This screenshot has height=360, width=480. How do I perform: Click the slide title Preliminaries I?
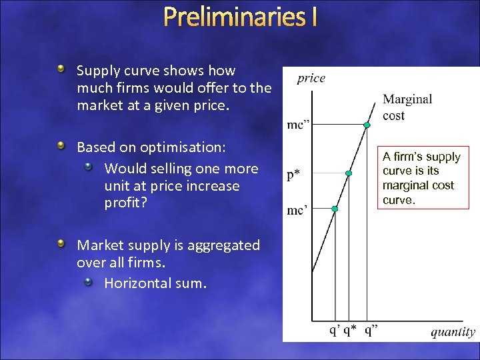click(240, 17)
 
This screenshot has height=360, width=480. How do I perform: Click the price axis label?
click(311, 79)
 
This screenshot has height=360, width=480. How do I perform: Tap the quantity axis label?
click(453, 331)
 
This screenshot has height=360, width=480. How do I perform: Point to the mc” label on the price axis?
click(299, 125)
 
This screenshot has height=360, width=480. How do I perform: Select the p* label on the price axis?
click(294, 175)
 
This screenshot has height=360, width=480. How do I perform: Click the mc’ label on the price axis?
click(297, 210)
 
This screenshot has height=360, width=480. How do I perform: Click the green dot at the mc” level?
click(367, 125)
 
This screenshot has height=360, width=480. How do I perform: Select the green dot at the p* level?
click(349, 173)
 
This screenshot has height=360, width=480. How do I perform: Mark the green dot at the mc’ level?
click(335, 209)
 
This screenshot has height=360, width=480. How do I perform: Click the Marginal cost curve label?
click(407, 107)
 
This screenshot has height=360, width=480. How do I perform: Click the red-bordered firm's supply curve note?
click(421, 178)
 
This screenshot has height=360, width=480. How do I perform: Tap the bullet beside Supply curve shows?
click(61, 69)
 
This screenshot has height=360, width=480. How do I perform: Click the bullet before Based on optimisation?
click(61, 145)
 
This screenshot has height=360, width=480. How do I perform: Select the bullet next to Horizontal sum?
click(88, 283)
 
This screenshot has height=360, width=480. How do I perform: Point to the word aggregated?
click(224, 245)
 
